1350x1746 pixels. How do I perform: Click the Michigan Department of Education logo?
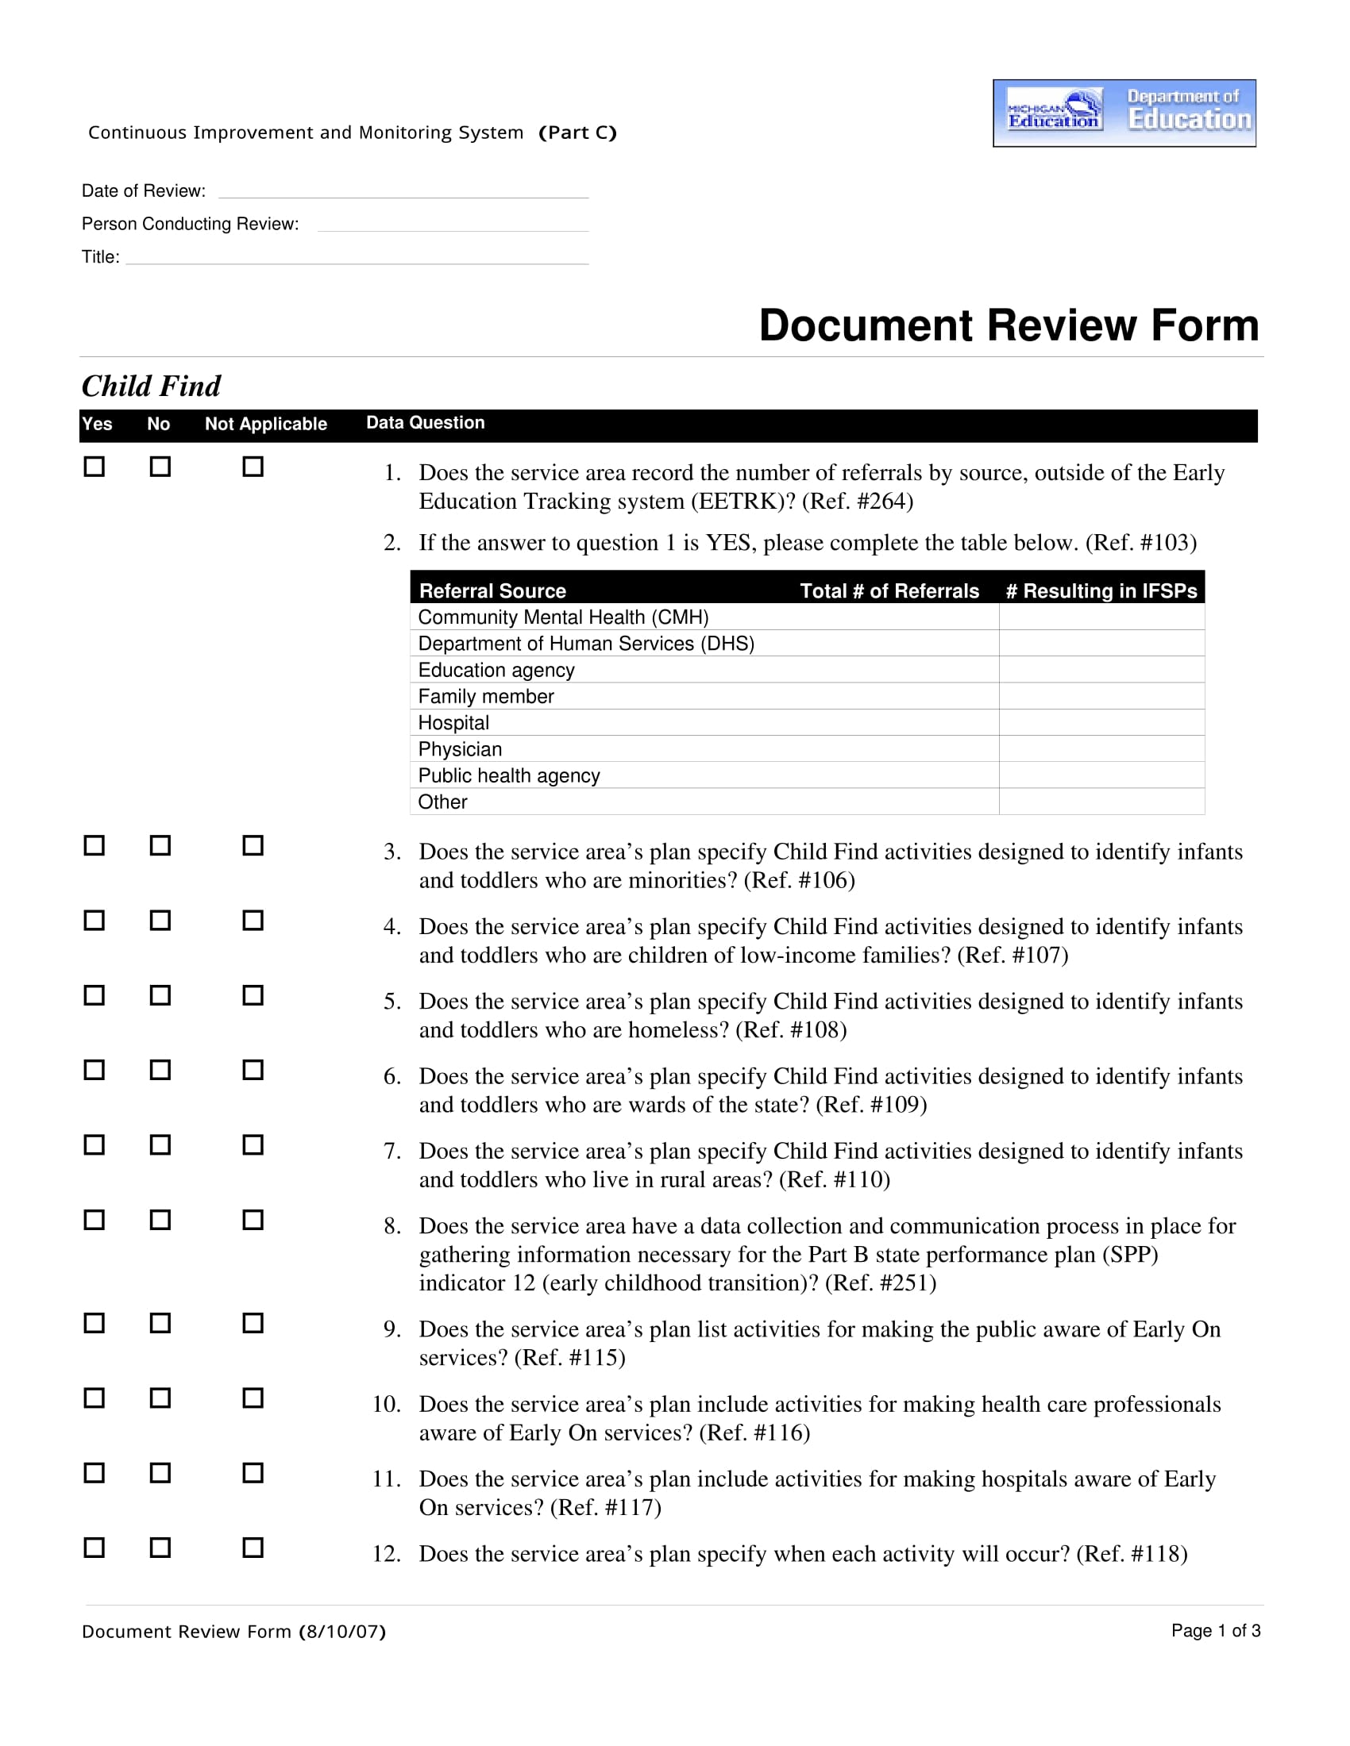[x=1124, y=113]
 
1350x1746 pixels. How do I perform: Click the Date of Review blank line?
[x=403, y=192]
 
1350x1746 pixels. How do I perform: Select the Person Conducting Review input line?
[x=453, y=225]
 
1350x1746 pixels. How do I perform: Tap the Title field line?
[x=357, y=258]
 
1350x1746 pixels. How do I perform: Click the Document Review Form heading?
[x=1009, y=325]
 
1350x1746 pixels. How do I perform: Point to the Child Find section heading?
[x=151, y=387]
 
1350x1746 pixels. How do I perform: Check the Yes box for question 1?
[x=94, y=466]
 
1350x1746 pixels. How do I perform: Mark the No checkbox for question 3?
[x=160, y=845]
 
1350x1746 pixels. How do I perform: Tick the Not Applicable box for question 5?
[x=253, y=995]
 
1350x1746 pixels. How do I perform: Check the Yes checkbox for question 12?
[x=94, y=1548]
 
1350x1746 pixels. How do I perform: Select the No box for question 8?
[x=160, y=1220]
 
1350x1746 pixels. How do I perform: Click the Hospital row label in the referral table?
[x=453, y=723]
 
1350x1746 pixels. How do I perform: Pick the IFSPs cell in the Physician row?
[x=1101, y=749]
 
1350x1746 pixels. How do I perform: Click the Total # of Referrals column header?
[x=889, y=590]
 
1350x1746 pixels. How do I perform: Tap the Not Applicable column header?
[x=265, y=424]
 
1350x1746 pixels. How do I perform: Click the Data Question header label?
[x=426, y=423]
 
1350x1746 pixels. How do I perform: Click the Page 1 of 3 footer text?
[x=1216, y=1631]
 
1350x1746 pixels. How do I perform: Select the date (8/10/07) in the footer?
[x=342, y=1632]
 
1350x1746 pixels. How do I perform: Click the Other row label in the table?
[x=442, y=802]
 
